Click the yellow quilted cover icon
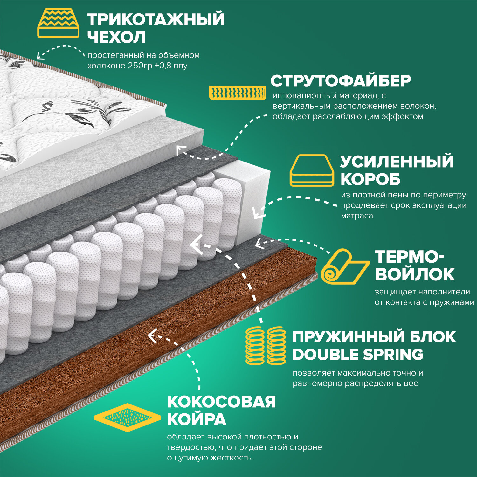point(58,24)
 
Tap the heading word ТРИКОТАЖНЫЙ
point(156,19)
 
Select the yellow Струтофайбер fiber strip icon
point(238,93)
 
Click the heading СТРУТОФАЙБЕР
point(341,81)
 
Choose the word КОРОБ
point(370,179)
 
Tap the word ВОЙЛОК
point(415,274)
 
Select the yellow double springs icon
point(266,345)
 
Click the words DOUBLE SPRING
point(358,355)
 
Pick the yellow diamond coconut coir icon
point(128,418)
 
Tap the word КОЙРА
point(197,419)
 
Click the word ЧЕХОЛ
point(116,37)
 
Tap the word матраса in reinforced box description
point(357,216)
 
